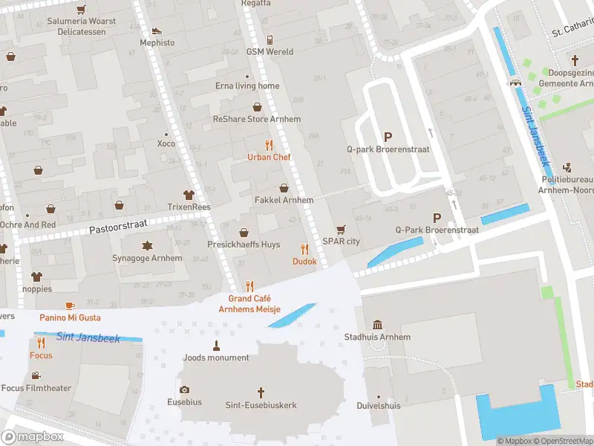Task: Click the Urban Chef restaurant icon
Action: pyautogui.click(x=269, y=145)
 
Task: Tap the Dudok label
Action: pyautogui.click(x=304, y=262)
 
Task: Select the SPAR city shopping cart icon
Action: pyautogui.click(x=341, y=229)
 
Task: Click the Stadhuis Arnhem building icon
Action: pyautogui.click(x=377, y=325)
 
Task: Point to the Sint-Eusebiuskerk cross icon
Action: pyautogui.click(x=261, y=392)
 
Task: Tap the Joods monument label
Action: pyautogui.click(x=216, y=358)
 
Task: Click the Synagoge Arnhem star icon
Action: pyautogui.click(x=146, y=245)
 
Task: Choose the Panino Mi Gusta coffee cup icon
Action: pyautogui.click(x=70, y=306)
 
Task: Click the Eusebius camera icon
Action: pyautogui.click(x=184, y=390)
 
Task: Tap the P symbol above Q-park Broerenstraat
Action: pyautogui.click(x=387, y=137)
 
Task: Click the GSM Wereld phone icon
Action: pyautogui.click(x=270, y=39)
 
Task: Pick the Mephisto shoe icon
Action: pyautogui.click(x=156, y=30)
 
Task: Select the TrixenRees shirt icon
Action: pyautogui.click(x=190, y=195)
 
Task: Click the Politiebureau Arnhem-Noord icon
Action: pyautogui.click(x=568, y=167)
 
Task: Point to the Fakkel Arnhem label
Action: pyautogui.click(x=284, y=200)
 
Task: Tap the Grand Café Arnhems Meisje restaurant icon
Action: pyautogui.click(x=249, y=286)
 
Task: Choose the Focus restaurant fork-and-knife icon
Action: pyautogui.click(x=41, y=343)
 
